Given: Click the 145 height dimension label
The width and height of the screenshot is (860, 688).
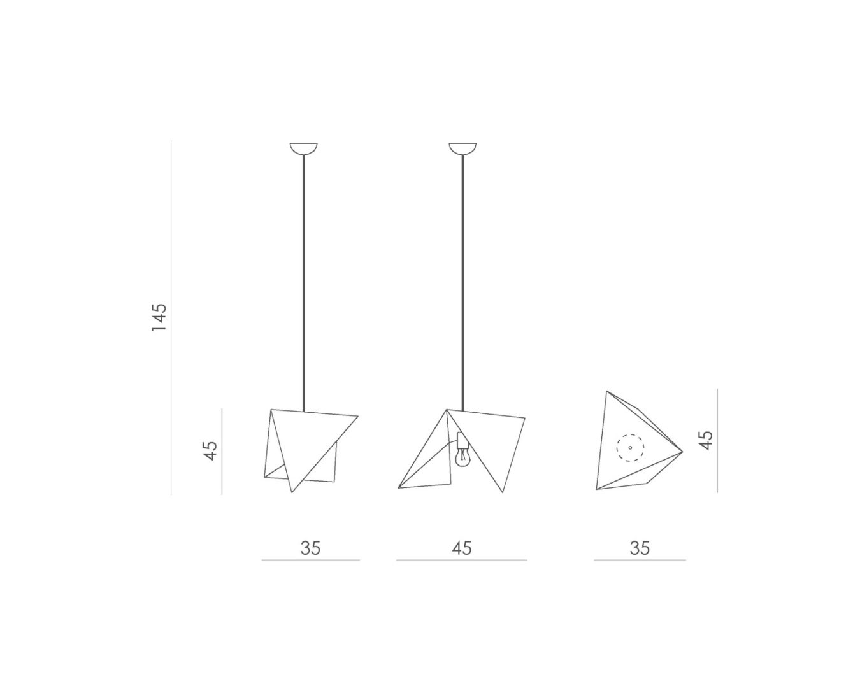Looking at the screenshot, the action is pyautogui.click(x=159, y=317).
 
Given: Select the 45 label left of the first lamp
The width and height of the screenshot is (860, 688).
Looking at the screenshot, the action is pyautogui.click(x=210, y=451).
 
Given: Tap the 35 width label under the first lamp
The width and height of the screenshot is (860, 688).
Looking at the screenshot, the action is pyautogui.click(x=310, y=548).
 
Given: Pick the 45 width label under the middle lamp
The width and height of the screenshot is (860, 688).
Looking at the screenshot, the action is pyautogui.click(x=462, y=548).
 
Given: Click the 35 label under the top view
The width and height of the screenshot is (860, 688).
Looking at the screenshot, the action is pyautogui.click(x=640, y=548).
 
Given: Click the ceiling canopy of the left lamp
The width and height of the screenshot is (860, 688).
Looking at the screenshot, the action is pyautogui.click(x=304, y=148).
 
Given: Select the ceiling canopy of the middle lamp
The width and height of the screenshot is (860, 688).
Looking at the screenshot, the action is pyautogui.click(x=462, y=148).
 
